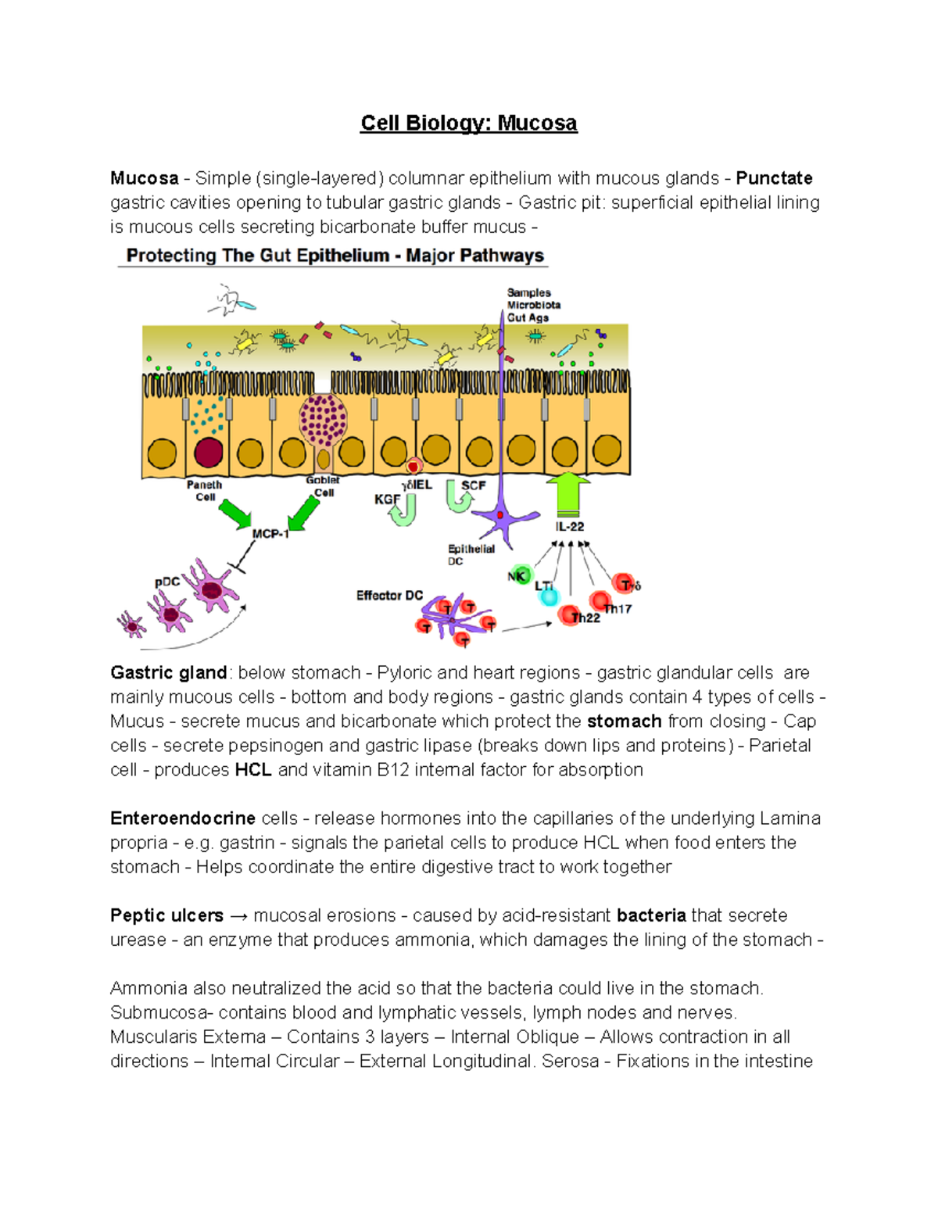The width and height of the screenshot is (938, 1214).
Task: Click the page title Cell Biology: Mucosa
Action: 468,124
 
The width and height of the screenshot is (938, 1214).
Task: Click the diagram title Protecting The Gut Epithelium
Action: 335,256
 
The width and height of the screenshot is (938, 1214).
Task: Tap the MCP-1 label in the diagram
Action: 270,534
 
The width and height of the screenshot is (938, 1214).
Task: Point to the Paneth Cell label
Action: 205,491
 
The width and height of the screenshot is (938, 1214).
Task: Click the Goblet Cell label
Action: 323,486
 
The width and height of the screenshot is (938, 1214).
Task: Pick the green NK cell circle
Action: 518,576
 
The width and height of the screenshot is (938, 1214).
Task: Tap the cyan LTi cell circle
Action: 549,596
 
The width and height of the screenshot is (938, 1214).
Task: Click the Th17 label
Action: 618,609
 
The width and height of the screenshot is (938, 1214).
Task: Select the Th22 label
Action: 585,618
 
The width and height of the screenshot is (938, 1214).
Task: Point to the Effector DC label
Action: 389,596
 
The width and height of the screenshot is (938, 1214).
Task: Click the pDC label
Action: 167,582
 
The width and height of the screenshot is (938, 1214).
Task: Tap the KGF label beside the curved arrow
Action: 387,500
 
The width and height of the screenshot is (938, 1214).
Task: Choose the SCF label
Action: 474,485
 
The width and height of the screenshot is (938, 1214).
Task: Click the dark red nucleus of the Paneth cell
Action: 209,453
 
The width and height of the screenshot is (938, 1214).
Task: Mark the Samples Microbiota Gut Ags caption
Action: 533,305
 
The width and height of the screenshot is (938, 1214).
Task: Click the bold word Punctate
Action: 774,178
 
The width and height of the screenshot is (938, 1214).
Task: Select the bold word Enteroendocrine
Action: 183,818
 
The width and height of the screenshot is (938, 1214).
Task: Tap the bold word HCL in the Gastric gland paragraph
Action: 253,770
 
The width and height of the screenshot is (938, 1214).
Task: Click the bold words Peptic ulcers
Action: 166,915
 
